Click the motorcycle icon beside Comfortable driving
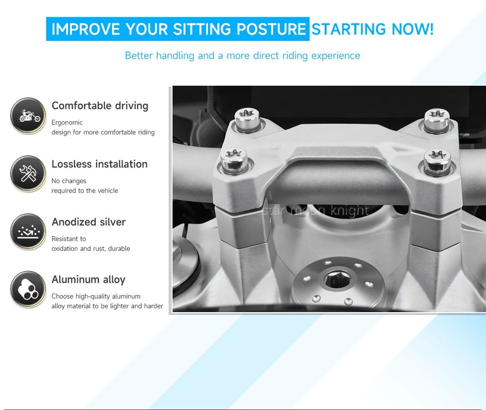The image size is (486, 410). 28,115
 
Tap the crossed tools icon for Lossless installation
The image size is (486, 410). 28,173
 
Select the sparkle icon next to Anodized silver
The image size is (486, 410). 28,231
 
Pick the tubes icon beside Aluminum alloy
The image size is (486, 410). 28,289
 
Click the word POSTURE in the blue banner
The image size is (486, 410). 271,29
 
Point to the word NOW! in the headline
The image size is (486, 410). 413,29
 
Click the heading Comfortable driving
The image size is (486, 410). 100,106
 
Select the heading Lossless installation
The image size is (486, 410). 100,164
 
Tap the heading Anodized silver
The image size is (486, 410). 88,222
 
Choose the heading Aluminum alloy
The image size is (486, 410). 88,280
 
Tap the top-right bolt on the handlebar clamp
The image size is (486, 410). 437,120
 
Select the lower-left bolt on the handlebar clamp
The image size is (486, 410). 234,161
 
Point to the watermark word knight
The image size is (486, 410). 349,210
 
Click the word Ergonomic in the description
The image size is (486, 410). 67,122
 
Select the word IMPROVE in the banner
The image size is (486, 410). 86,29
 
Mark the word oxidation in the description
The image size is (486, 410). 65,248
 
